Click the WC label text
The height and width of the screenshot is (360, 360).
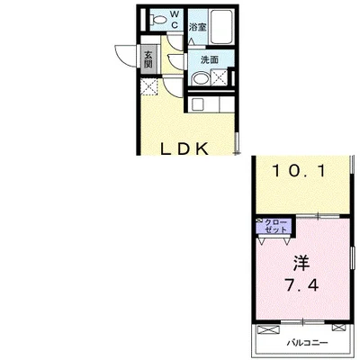click(x=175, y=19)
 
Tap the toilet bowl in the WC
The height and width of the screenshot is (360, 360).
click(x=158, y=20)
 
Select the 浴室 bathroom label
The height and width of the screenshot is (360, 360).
click(x=197, y=28)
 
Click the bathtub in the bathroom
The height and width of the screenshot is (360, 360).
click(x=222, y=27)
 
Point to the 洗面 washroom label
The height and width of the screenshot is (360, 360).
click(x=209, y=60)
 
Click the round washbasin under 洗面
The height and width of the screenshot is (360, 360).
click(x=201, y=78)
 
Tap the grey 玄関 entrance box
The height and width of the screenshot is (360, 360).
click(x=148, y=59)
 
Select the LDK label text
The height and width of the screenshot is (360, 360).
click(x=184, y=149)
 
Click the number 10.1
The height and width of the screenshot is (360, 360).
click(x=299, y=171)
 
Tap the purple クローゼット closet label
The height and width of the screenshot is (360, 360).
click(x=275, y=226)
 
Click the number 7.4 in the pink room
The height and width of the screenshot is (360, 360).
click(x=301, y=285)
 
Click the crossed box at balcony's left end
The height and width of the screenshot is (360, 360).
click(x=268, y=329)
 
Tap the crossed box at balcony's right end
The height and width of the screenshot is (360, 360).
click(x=337, y=328)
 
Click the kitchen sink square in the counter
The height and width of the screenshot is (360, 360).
click(x=199, y=104)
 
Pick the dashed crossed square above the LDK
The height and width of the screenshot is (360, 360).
click(x=149, y=86)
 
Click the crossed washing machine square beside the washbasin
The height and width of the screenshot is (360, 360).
click(x=219, y=77)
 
